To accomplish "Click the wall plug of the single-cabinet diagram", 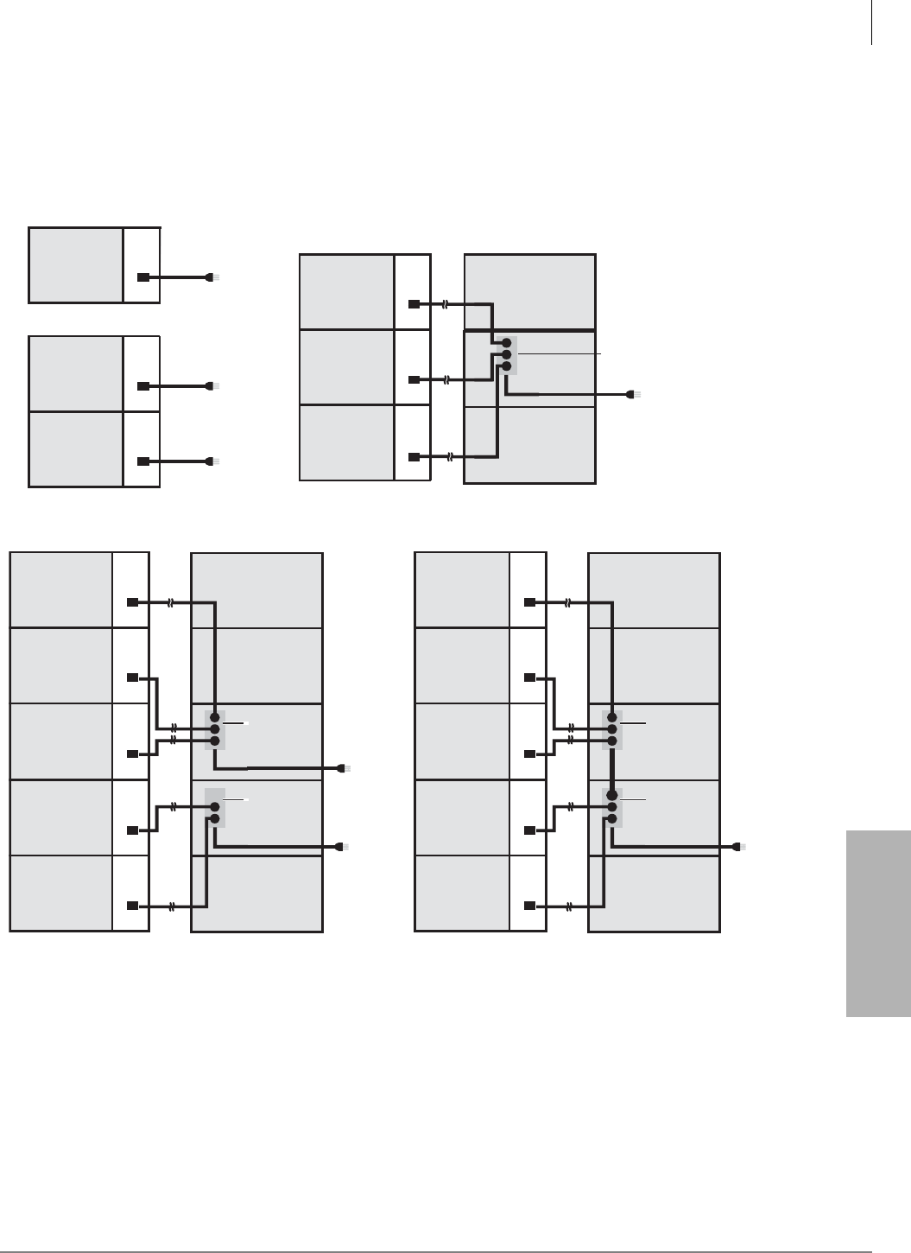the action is click(x=212, y=277).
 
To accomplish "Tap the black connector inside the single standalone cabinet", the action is click(x=144, y=277).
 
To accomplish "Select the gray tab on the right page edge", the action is click(x=878, y=924).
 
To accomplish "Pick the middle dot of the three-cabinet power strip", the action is click(x=506, y=354).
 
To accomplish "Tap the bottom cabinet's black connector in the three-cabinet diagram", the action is click(x=414, y=456).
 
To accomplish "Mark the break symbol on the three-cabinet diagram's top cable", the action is click(x=445, y=304).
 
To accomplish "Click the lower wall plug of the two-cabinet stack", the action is click(x=212, y=461).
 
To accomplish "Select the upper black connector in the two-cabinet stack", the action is click(x=144, y=385).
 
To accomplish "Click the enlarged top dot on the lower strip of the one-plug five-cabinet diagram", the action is click(x=611, y=795).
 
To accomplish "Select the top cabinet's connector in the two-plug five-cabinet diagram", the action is click(x=132, y=601).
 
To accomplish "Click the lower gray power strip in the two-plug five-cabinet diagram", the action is click(x=214, y=808).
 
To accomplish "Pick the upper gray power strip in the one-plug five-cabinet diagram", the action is click(x=611, y=728).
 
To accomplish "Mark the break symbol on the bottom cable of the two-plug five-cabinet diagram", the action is click(x=173, y=906).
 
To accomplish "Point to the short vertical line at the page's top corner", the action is click(x=871, y=22).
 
